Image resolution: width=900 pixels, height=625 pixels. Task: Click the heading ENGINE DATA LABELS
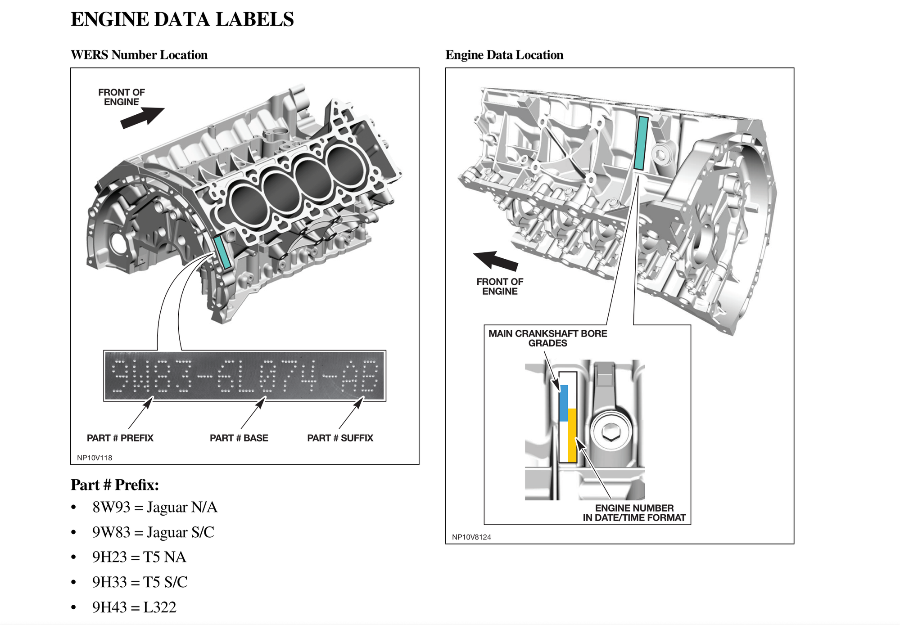click(x=182, y=19)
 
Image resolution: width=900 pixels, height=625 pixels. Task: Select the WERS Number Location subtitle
click(x=139, y=55)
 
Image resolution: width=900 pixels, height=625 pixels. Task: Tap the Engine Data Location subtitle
click(x=504, y=55)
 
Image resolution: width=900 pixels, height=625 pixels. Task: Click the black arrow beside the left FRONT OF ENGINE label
click(x=142, y=118)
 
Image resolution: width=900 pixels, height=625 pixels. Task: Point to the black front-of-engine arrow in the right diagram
click(x=495, y=261)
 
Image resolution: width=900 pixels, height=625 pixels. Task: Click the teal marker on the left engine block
click(x=222, y=252)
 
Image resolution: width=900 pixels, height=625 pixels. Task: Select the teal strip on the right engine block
click(x=641, y=143)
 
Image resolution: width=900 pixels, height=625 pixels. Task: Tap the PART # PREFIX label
click(x=120, y=438)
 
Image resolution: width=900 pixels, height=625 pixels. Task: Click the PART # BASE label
click(x=239, y=438)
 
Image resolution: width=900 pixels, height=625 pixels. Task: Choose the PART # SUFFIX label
click(x=340, y=438)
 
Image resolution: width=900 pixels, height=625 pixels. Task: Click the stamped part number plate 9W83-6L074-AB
click(x=244, y=376)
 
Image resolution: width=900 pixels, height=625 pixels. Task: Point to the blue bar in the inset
click(x=563, y=403)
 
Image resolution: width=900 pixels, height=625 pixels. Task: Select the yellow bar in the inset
click(x=572, y=436)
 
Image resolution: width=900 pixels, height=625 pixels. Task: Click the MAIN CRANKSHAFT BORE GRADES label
click(x=548, y=338)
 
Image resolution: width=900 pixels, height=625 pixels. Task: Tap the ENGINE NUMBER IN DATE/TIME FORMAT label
click(x=634, y=513)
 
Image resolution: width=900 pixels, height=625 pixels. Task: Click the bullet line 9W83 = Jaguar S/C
click(x=153, y=532)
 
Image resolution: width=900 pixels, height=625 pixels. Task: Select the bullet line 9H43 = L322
click(x=134, y=607)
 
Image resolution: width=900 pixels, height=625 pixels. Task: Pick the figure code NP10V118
click(x=95, y=458)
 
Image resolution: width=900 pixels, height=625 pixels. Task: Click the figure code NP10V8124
click(x=471, y=537)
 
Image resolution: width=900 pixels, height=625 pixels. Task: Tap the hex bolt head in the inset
click(x=611, y=432)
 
